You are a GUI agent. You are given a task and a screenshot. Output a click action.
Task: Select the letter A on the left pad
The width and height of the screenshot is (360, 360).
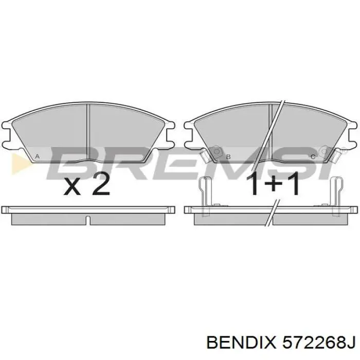pyautogui.click(x=37, y=156)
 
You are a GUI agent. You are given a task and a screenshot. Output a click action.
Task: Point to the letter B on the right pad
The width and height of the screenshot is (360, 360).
pyautogui.click(x=228, y=156)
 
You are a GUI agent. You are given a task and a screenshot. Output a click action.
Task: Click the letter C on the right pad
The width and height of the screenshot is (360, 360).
pyautogui.click(x=312, y=156)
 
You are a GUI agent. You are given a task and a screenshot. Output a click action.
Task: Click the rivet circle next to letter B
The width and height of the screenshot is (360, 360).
pyautogui.click(x=217, y=151)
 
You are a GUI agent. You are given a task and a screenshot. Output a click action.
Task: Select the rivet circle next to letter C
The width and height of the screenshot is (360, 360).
pyautogui.click(x=323, y=151)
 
